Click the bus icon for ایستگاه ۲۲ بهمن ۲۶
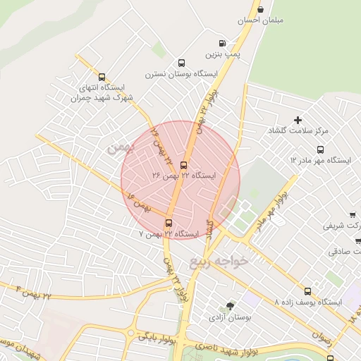pyautogui.click(x=184, y=165)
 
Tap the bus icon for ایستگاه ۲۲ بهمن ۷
pyautogui.click(x=169, y=223)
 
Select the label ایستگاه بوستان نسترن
pyautogui.click(x=182, y=74)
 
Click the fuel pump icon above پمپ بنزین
pyautogui.click(x=223, y=43)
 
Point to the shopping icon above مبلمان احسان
pyautogui.click(x=262, y=9)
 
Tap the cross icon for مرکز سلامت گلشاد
pyautogui.click(x=298, y=120)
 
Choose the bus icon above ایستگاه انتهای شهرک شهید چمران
pyautogui.click(x=102, y=78)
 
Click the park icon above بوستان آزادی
pyautogui.click(x=229, y=306)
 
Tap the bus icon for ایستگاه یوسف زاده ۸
pyautogui.click(x=307, y=290)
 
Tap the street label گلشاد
pyautogui.click(x=209, y=227)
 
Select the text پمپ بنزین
pyautogui.click(x=223, y=54)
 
